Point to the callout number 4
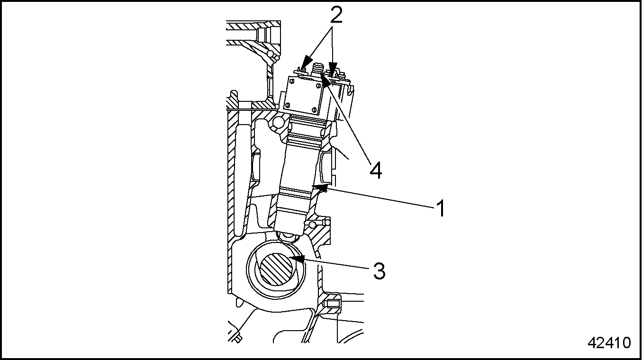tap(375, 170)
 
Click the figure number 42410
tap(609, 343)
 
